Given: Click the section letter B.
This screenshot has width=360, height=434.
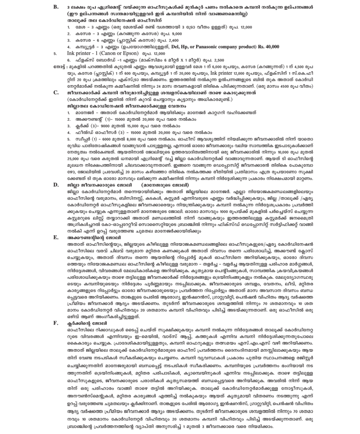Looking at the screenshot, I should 56,7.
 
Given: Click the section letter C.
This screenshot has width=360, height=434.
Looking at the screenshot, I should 56,92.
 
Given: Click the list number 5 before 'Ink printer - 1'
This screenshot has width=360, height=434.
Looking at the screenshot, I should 55,54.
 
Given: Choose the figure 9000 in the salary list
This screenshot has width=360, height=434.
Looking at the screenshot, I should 100,126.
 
